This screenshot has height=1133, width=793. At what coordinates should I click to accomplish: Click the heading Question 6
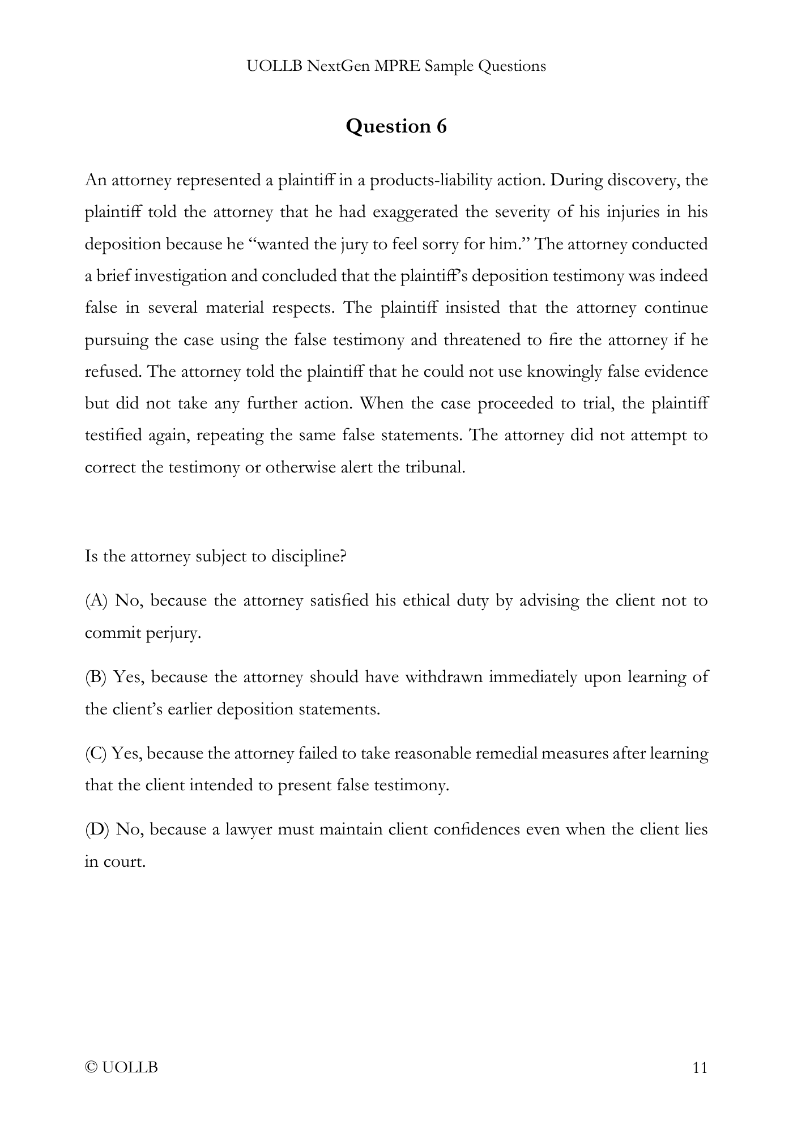pyautogui.click(x=396, y=126)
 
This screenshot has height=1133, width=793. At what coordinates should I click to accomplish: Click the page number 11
pyautogui.click(x=700, y=1068)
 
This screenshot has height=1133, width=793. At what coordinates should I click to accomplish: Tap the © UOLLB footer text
pyautogui.click(x=121, y=1068)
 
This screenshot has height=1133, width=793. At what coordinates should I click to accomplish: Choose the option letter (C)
pyautogui.click(x=95, y=753)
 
